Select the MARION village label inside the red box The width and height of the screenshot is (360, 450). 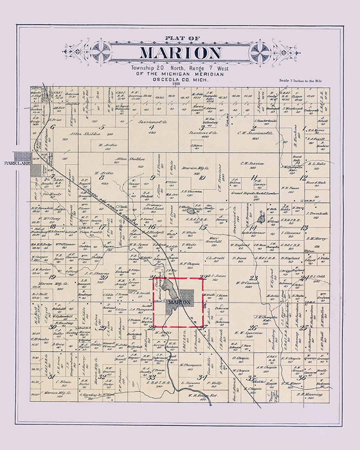coord(180,302)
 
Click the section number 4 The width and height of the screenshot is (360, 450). coord(152,127)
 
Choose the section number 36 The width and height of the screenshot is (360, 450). coord(302,377)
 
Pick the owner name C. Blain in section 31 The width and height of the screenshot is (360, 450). coord(62,382)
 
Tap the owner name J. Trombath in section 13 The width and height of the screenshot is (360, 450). coord(317,213)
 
